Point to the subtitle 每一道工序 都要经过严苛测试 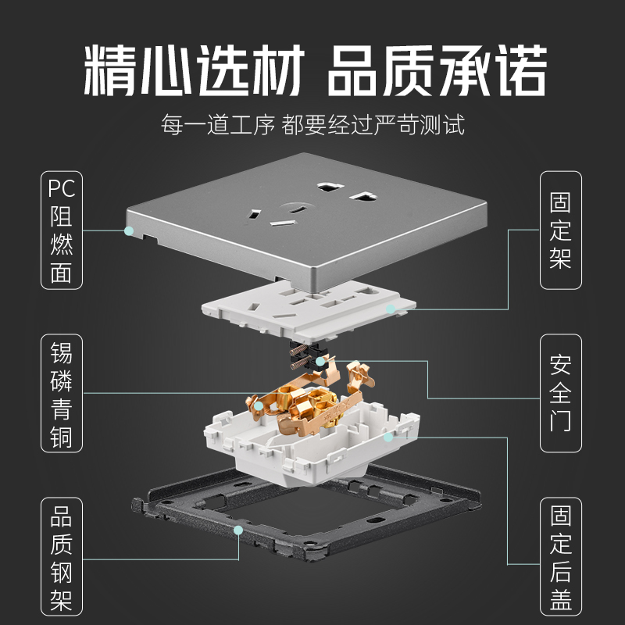pos(312,125)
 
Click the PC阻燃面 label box pos(61,230)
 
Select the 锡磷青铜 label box pos(61,394)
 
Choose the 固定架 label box pos(561,230)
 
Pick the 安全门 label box pos(561,394)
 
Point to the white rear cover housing pos(312,445)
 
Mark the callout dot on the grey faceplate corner pos(129,231)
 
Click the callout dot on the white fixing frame pos(395,310)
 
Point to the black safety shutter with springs pos(309,355)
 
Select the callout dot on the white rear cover pos(387,437)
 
